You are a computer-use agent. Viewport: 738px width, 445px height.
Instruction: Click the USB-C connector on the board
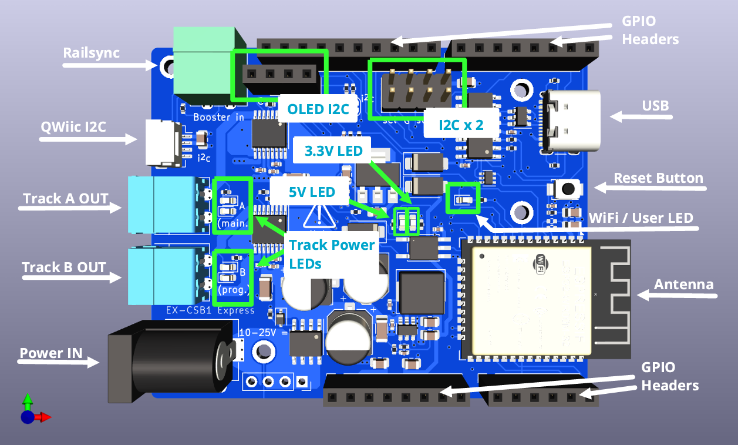coord(572,121)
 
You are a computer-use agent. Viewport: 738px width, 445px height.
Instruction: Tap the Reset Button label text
coord(658,178)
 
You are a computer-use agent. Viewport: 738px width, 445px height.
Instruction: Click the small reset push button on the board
coord(568,189)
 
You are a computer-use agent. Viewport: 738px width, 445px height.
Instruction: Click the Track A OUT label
coord(65,199)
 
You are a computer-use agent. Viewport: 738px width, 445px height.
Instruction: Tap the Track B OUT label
coord(63,267)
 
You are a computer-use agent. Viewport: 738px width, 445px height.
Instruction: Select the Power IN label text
coord(51,353)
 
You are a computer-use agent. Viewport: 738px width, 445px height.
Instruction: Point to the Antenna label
coord(683,285)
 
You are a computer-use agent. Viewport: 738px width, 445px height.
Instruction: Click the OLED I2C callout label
coord(318,109)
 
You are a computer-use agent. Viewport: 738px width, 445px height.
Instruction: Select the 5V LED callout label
coord(311,192)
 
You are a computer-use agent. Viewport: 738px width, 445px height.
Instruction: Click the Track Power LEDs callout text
coord(332,254)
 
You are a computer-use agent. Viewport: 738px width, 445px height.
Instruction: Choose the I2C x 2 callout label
coord(461,124)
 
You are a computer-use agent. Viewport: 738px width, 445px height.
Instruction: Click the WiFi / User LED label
coord(641,218)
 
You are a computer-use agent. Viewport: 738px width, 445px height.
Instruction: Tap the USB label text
coord(655,106)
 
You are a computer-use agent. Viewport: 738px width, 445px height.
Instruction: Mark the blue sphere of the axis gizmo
coord(27,417)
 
